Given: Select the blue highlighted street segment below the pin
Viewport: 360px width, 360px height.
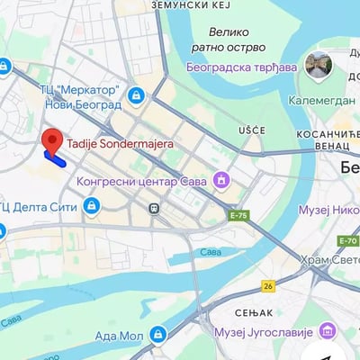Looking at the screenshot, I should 55,160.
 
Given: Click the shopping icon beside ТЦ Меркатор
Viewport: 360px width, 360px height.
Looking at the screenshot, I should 136,95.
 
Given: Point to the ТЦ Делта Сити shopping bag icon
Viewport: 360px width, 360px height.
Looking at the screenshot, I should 91,207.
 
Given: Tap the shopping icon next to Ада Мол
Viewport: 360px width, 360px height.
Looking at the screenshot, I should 158,335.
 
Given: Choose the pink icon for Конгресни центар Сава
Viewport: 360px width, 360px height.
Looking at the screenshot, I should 220,182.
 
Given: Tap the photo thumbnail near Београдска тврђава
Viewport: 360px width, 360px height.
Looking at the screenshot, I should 318,63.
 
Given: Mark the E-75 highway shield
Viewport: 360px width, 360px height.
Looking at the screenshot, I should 238,216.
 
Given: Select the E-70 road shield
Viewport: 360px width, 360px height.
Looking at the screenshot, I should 348,240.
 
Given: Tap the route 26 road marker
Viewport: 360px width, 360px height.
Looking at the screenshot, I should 267,285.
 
